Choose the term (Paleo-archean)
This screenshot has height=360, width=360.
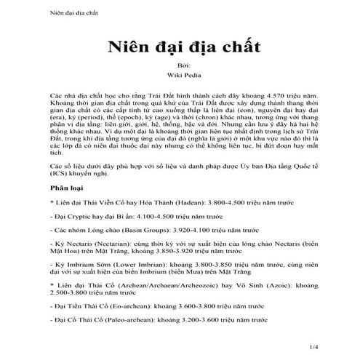point(125,338)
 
